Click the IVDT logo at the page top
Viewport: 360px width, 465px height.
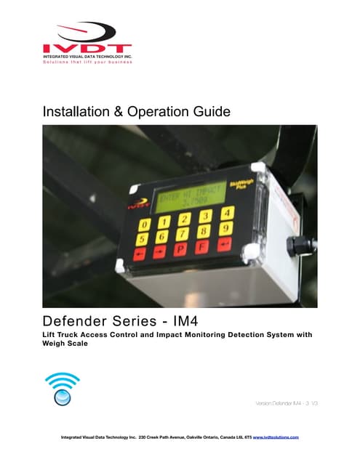click(x=87, y=37)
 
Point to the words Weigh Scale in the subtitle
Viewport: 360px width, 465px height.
click(x=70, y=344)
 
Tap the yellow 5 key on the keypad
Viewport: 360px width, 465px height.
click(x=143, y=238)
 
